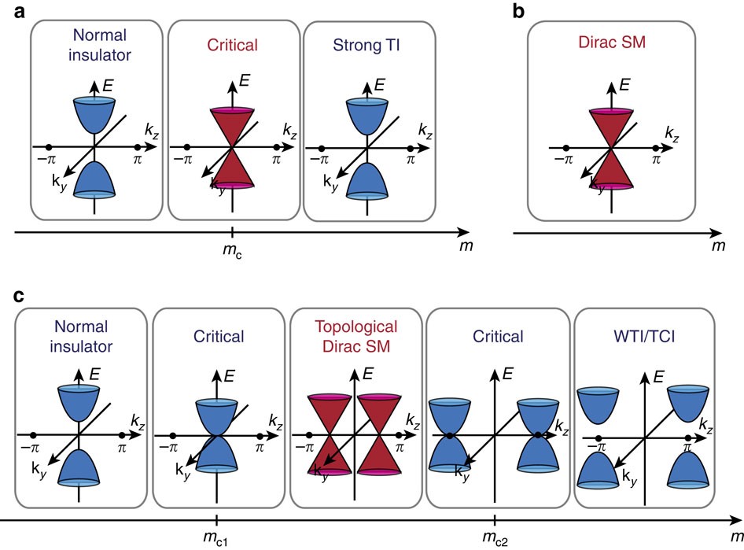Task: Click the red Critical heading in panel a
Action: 233,44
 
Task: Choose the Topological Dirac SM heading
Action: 355,336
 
